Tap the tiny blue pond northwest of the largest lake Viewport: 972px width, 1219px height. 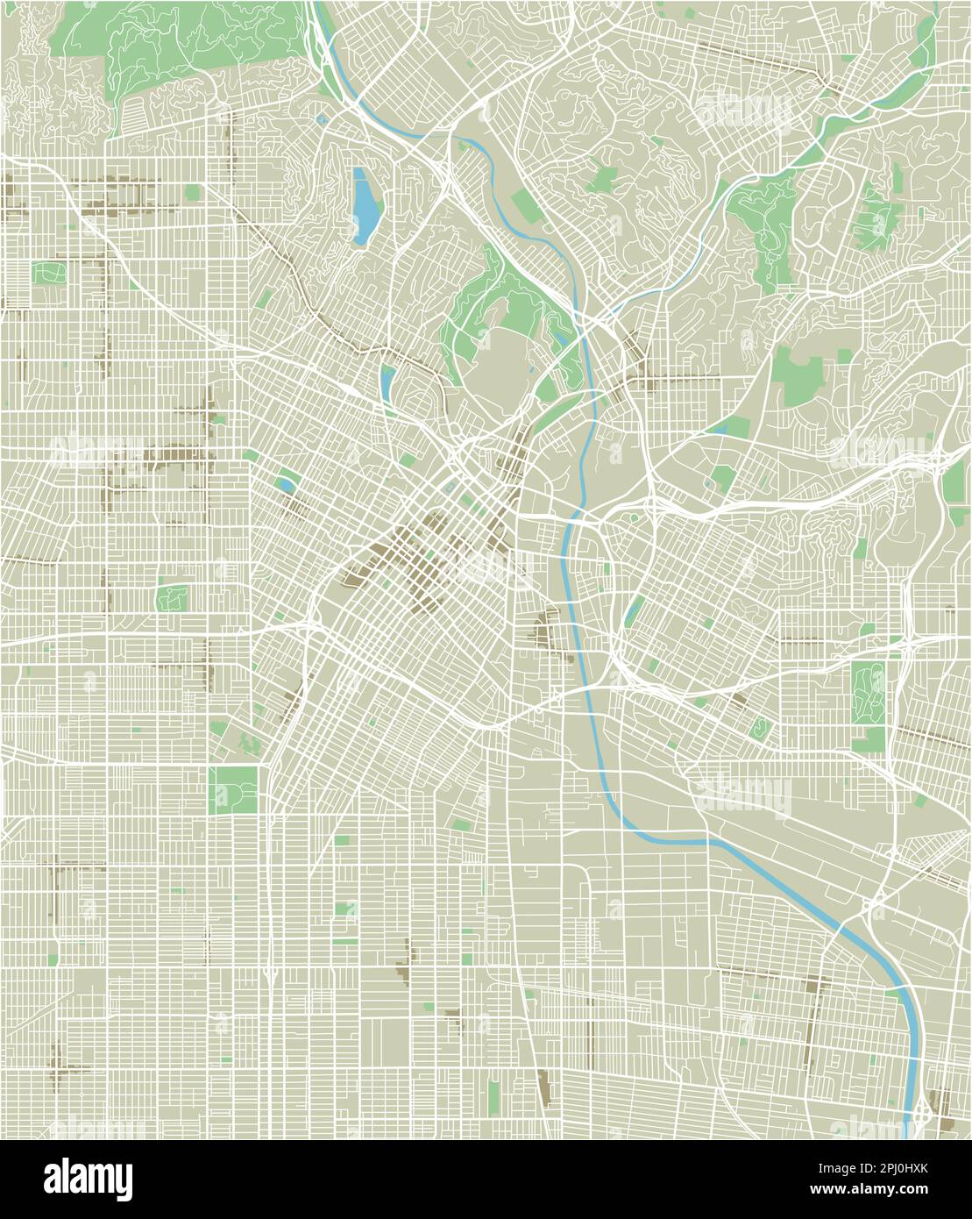[x=323, y=119]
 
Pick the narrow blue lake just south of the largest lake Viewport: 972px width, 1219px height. [x=387, y=381]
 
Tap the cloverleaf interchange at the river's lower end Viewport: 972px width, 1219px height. [x=922, y=1116]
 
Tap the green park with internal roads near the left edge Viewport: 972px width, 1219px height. [x=171, y=599]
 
